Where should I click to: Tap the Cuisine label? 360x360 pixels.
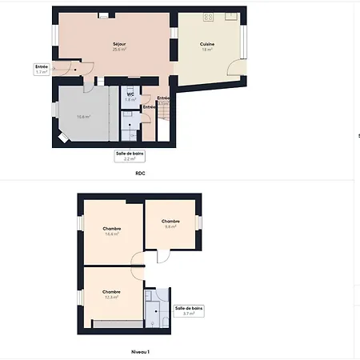206,47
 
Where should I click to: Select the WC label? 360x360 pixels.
130,95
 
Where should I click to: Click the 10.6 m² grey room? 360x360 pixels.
83,117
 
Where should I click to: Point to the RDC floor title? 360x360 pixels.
140,173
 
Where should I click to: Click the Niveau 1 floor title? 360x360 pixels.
140,351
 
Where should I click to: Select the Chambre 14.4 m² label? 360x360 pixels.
111,231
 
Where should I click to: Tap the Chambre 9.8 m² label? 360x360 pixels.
170,223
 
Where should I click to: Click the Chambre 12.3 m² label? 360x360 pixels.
111,294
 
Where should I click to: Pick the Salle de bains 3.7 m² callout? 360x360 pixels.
189,310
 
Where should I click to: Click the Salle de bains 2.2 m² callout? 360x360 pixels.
129,156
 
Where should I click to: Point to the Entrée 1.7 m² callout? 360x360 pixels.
41,69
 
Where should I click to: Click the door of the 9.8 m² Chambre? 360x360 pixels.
162,256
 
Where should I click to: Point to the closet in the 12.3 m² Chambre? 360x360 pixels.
114,323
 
